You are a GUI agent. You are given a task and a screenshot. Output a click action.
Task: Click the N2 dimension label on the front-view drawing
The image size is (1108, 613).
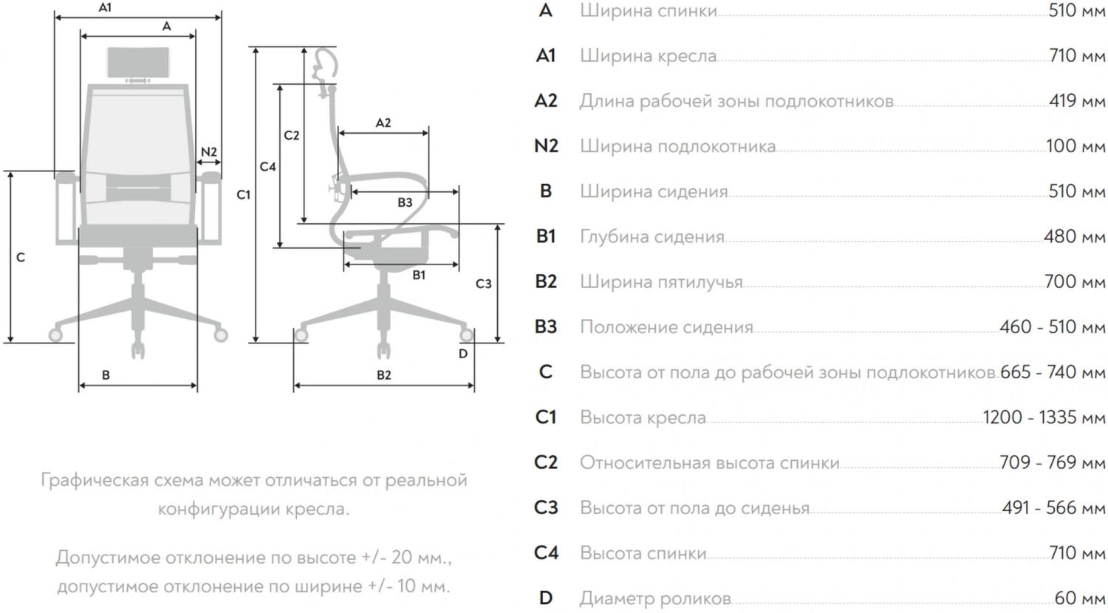coord(209,152)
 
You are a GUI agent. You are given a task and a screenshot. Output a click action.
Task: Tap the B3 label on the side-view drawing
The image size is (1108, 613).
coord(405,202)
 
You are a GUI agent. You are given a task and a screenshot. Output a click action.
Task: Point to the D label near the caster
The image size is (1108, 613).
coord(463,354)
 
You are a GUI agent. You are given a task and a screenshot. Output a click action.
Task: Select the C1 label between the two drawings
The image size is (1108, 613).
coord(244,195)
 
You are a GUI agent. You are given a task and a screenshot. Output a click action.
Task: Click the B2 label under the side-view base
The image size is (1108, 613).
coord(384,375)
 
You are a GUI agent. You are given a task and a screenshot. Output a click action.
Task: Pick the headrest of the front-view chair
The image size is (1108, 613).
coord(139,62)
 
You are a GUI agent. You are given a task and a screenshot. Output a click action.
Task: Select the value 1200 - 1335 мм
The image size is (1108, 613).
coord(1044,417)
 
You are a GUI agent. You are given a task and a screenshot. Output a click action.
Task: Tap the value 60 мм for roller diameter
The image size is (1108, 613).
coord(1079,597)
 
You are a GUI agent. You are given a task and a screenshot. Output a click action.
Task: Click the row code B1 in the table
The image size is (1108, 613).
coord(546,236)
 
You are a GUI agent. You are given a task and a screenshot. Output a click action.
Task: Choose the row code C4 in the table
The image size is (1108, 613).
coord(546,552)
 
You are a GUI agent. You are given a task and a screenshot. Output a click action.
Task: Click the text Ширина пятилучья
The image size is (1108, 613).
coord(660,282)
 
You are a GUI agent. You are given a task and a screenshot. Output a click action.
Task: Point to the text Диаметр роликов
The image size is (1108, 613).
coord(655,598)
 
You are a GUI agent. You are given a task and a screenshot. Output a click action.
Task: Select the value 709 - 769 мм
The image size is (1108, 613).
coord(1052,462)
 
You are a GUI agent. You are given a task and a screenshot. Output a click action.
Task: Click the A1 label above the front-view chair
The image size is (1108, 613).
coord(105,7)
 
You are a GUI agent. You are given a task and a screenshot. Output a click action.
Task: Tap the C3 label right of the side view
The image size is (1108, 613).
coord(483,284)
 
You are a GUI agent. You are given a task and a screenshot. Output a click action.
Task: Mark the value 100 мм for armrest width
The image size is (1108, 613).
coord(1075,145)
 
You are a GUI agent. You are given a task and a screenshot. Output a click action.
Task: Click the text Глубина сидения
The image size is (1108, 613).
coord(652,237)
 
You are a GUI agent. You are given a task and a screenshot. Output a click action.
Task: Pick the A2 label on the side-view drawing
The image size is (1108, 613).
coord(383,123)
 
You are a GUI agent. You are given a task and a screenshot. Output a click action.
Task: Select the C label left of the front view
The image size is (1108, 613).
coord(21,258)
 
